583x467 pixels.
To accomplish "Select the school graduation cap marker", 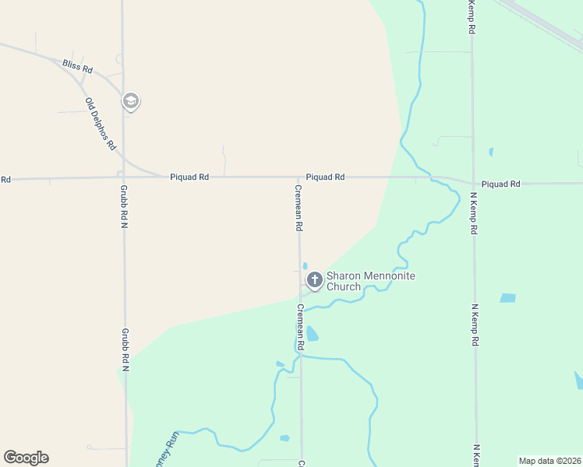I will [x=131, y=101].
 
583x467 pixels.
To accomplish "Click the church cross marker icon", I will [x=314, y=279].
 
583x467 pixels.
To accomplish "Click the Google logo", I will [x=26, y=458].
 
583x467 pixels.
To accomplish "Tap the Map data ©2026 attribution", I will [x=549, y=461].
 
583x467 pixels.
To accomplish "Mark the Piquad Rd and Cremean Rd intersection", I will [x=299, y=177].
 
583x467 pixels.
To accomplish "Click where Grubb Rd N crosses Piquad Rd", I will [x=123, y=178].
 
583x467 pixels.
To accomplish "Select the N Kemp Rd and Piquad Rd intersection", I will [x=472, y=183].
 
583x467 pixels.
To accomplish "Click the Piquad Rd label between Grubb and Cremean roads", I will [x=189, y=177].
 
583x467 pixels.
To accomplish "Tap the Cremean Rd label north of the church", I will [x=299, y=208].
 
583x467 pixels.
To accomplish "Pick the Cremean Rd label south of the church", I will [x=300, y=326].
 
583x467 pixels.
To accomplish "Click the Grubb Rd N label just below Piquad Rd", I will [x=124, y=205].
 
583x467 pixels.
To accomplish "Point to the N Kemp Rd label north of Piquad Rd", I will [x=472, y=17].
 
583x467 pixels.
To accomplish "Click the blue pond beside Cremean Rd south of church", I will [x=312, y=334].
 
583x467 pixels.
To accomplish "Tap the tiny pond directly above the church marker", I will [x=304, y=265].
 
